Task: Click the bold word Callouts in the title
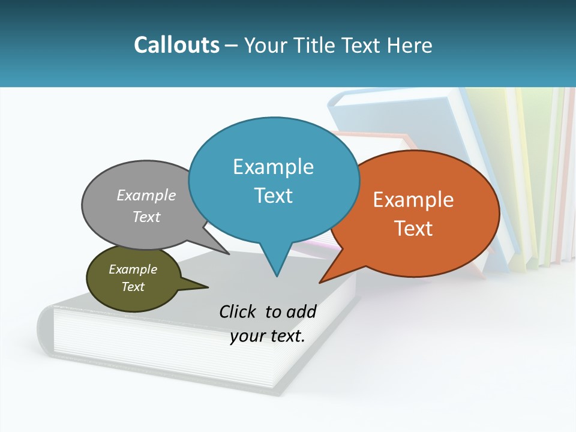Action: [176, 46]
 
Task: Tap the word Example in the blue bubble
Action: [273, 167]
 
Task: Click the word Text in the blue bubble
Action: [273, 196]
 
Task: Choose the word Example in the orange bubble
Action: [413, 200]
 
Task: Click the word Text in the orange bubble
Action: [413, 229]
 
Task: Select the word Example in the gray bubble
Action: [146, 196]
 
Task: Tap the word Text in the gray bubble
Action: [146, 217]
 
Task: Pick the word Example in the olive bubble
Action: [133, 269]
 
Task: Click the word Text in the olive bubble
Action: [133, 287]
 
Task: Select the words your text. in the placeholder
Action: [268, 336]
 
